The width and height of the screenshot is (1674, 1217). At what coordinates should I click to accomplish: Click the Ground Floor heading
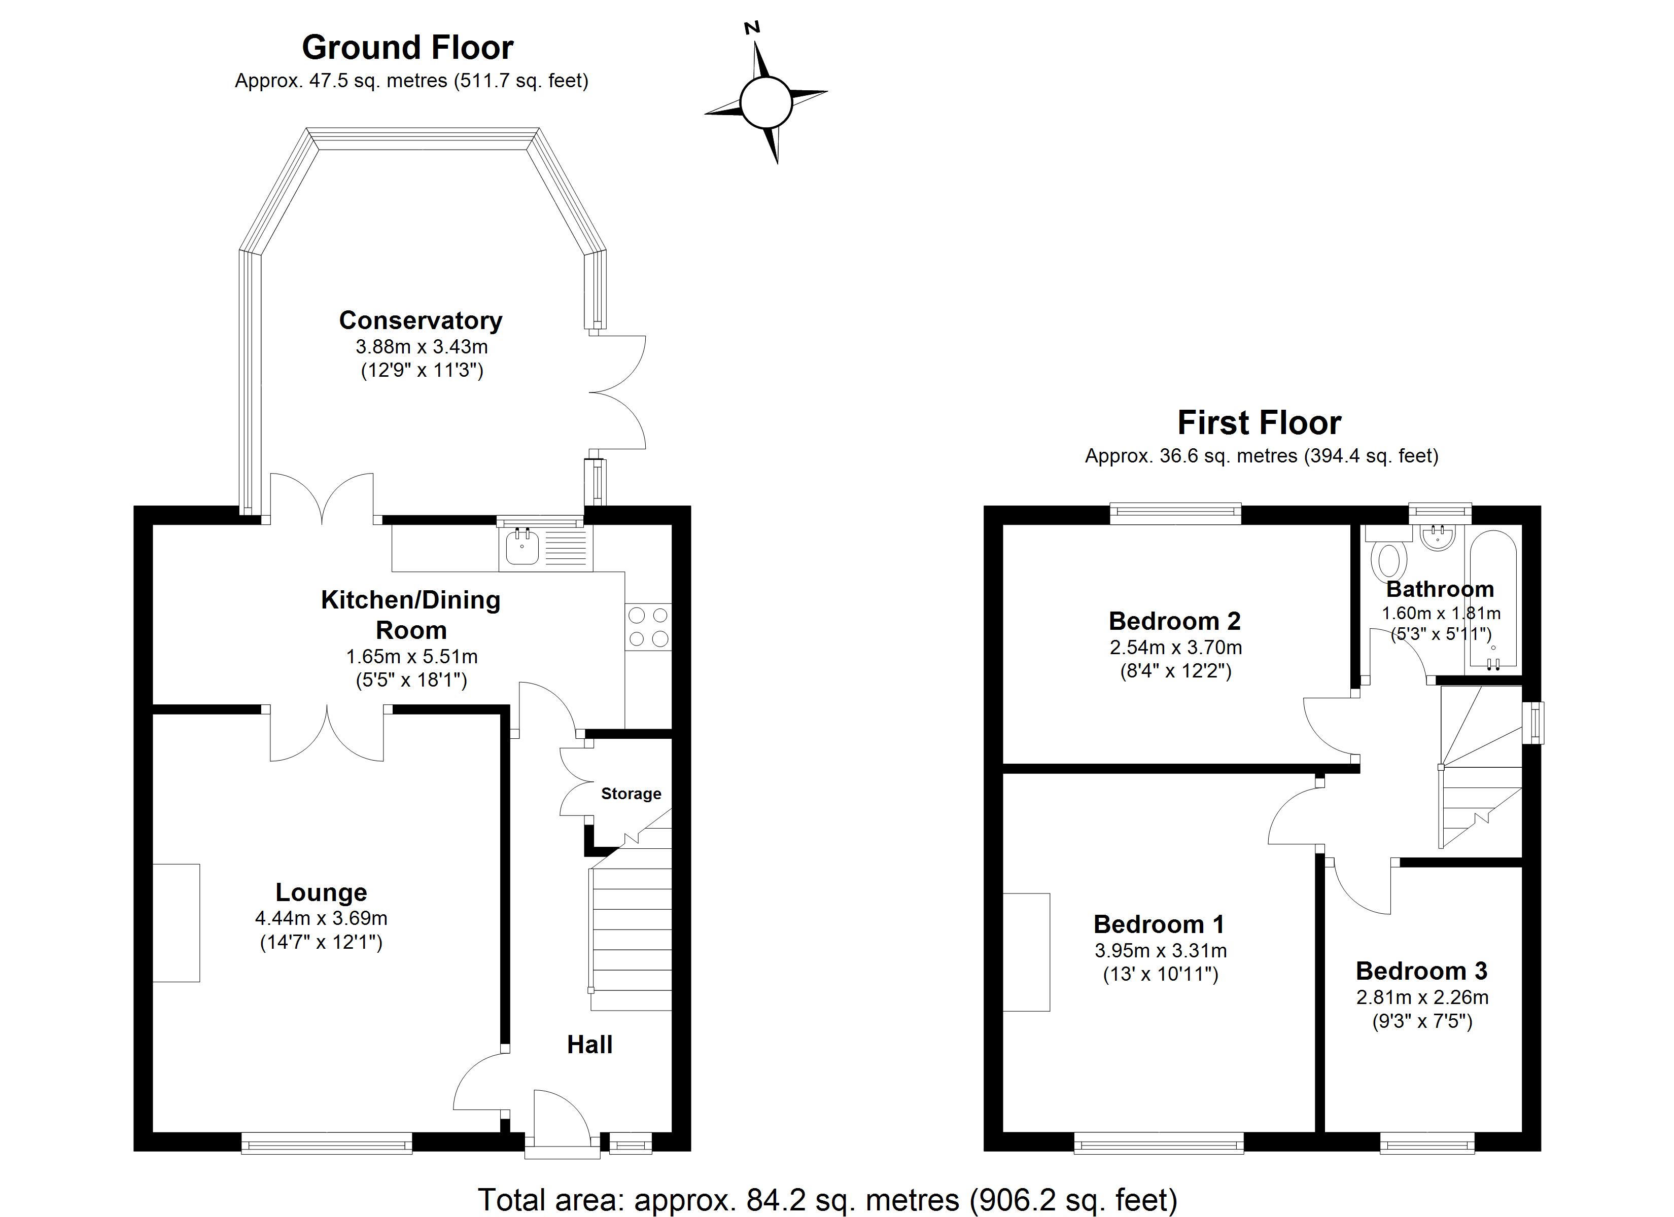(407, 48)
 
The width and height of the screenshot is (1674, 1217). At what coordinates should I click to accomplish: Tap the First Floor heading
(1259, 423)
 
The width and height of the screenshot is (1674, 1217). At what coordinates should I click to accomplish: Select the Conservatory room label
(420, 320)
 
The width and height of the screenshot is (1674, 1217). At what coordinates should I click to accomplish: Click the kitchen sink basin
(522, 548)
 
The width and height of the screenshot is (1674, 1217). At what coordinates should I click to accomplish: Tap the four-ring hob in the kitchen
(648, 627)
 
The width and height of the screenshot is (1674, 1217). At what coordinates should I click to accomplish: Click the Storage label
(631, 794)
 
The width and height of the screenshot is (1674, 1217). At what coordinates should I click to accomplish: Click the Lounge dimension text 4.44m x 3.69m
(321, 918)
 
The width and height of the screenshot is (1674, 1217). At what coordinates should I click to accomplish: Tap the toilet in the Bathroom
(1388, 559)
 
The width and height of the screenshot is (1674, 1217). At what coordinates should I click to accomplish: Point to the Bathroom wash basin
(1437, 538)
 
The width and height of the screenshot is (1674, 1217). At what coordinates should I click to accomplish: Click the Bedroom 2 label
(1174, 621)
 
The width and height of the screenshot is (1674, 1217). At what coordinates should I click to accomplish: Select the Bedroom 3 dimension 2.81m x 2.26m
(1421, 997)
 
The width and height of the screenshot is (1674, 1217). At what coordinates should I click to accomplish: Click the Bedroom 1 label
(1159, 924)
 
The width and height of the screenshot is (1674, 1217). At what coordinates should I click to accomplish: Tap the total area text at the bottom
(827, 1199)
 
